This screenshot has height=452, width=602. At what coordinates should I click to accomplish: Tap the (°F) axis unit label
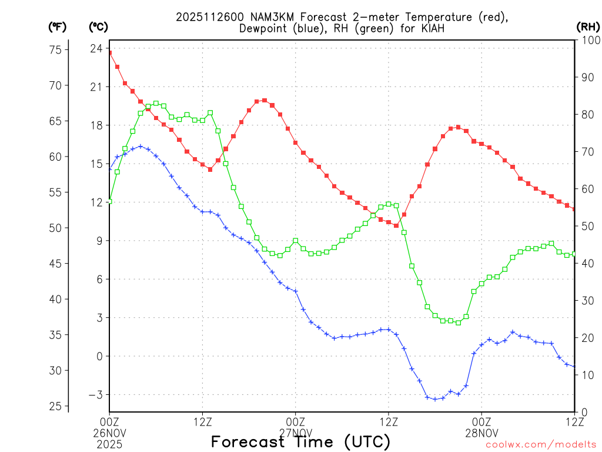click(x=57, y=26)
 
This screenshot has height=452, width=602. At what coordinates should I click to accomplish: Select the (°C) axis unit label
click(x=98, y=26)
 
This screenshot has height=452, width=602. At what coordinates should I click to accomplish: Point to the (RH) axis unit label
click(x=587, y=26)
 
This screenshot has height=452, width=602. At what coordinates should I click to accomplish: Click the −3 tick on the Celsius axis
click(x=95, y=394)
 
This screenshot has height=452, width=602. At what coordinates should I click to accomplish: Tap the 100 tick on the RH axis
click(x=588, y=40)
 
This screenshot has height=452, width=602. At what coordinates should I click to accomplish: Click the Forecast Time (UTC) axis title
click(x=300, y=441)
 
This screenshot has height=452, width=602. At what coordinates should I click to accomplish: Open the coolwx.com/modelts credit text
click(x=541, y=444)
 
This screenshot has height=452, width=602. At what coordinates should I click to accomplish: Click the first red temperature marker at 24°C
click(x=109, y=53)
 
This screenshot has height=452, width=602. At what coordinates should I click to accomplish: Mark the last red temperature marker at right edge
click(x=574, y=209)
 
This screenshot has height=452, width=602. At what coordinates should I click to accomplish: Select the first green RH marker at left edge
click(x=109, y=201)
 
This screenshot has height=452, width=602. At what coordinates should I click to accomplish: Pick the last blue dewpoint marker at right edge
click(x=574, y=367)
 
